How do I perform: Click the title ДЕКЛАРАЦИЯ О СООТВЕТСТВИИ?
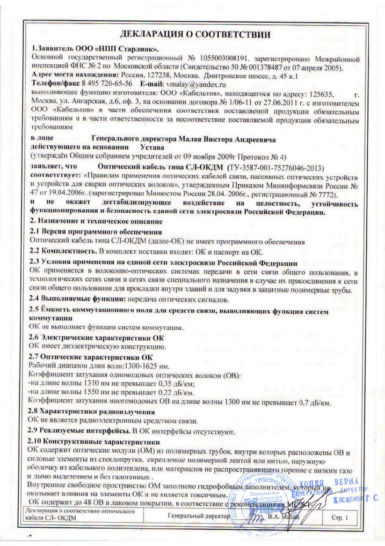point(195,35)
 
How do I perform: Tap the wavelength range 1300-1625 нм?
point(140,366)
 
